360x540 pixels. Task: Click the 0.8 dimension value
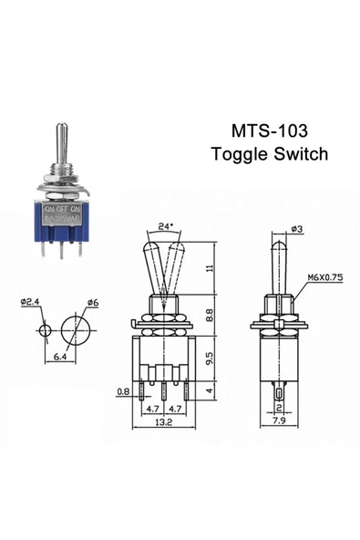[x=123, y=393]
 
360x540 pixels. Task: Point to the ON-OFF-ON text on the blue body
[x=62, y=208]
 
